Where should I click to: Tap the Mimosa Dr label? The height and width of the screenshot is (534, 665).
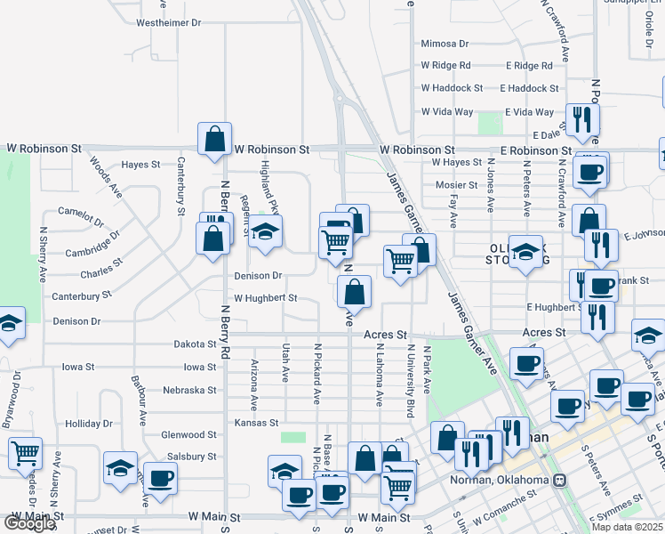click(445, 44)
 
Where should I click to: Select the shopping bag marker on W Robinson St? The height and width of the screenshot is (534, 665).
click(214, 139)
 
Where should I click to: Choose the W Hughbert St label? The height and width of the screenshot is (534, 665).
click(265, 298)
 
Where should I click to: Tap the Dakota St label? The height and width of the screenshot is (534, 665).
click(195, 344)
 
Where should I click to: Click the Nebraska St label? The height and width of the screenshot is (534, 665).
click(190, 390)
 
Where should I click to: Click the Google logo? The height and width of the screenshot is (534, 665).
click(29, 524)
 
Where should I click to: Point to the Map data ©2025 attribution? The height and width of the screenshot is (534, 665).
click(628, 527)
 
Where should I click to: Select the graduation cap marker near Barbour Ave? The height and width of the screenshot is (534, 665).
click(121, 468)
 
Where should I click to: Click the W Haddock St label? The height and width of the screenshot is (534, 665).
click(452, 88)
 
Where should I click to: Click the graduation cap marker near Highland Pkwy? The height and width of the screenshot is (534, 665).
click(264, 232)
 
